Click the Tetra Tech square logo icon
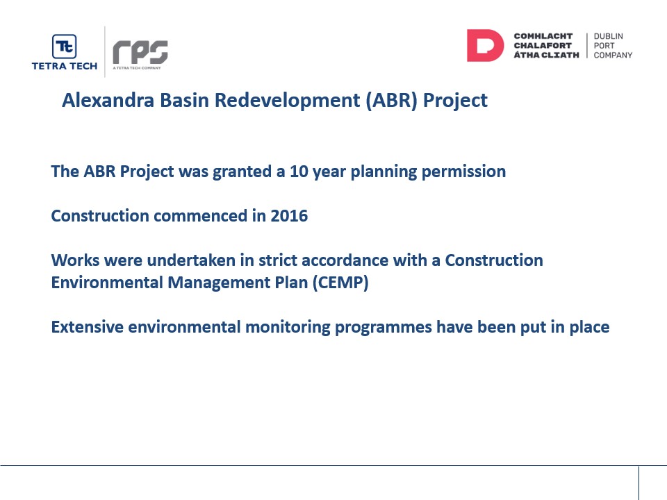click(x=64, y=47)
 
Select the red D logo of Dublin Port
click(x=486, y=46)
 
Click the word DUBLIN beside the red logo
click(x=609, y=37)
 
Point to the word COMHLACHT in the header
click(x=543, y=36)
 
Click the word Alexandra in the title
click(x=108, y=100)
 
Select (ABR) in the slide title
click(x=391, y=101)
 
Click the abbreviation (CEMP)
click(x=340, y=283)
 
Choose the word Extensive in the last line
click(x=88, y=327)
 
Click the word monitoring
click(x=288, y=328)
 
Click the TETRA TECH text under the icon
click(x=64, y=66)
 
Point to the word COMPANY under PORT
click(x=613, y=56)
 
